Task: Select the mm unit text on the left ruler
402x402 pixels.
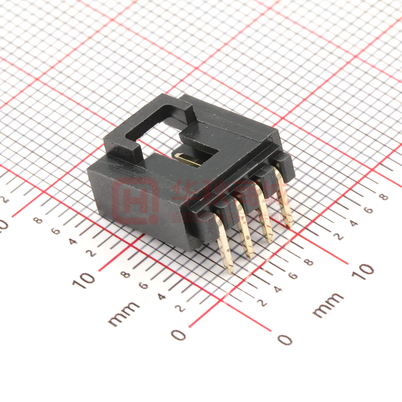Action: pyautogui.click(x=124, y=312)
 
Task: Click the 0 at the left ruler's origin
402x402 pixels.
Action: pyautogui.click(x=178, y=335)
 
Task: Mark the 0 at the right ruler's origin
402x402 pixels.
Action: pyautogui.click(x=285, y=339)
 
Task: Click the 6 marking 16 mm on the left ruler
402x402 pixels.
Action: pyautogui.click(x=56, y=231)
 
